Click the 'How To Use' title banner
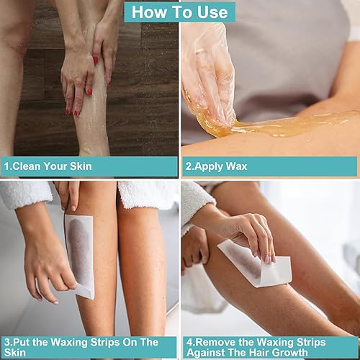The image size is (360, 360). click(x=179, y=12)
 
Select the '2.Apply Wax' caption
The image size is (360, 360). click(x=217, y=166)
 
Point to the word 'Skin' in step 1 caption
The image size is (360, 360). click(x=80, y=166)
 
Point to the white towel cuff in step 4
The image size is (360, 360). click(x=196, y=198)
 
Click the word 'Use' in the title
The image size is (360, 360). click(x=212, y=12)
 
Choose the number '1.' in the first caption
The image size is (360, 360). click(x=6, y=166)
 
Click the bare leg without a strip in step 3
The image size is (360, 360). click(x=140, y=266)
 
